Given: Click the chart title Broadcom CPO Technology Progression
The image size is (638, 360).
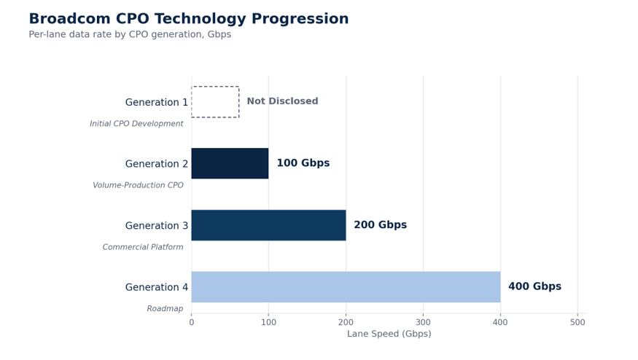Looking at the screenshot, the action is pyautogui.click(x=189, y=19).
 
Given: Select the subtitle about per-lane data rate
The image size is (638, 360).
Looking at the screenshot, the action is pyautogui.click(x=130, y=34).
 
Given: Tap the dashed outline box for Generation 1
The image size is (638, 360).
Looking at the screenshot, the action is pyautogui.click(x=215, y=87).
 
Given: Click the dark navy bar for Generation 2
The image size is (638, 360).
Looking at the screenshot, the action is pyautogui.click(x=230, y=163).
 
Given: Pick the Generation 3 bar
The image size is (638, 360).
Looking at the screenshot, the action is pyautogui.click(x=268, y=225).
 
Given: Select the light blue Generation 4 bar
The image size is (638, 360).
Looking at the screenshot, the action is pyautogui.click(x=346, y=287).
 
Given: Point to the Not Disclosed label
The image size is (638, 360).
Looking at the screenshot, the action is pyautogui.click(x=282, y=101).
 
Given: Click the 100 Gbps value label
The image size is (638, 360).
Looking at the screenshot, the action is pyautogui.click(x=303, y=163).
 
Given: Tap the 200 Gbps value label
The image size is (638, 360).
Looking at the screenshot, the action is pyautogui.click(x=381, y=224).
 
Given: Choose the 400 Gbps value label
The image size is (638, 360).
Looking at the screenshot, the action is pyautogui.click(x=534, y=286).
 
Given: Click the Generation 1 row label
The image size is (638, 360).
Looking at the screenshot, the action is pyautogui.click(x=157, y=102).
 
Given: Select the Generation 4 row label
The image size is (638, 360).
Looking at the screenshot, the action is pyautogui.click(x=157, y=287).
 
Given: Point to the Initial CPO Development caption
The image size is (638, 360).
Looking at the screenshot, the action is pyautogui.click(x=136, y=124).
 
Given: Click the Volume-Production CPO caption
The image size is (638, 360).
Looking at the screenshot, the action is pyautogui.click(x=138, y=185).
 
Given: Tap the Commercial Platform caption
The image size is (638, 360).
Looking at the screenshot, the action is pyautogui.click(x=143, y=247).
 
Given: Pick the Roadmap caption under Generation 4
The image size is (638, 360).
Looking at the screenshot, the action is pyautogui.click(x=165, y=309).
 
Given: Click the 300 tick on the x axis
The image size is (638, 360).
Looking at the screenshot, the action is pyautogui.click(x=423, y=323).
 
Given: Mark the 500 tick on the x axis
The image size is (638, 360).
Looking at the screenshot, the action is pyautogui.click(x=577, y=323).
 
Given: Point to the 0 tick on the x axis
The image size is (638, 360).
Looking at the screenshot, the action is pyautogui.click(x=192, y=323).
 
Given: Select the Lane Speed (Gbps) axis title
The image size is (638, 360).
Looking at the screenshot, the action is pyautogui.click(x=389, y=334).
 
